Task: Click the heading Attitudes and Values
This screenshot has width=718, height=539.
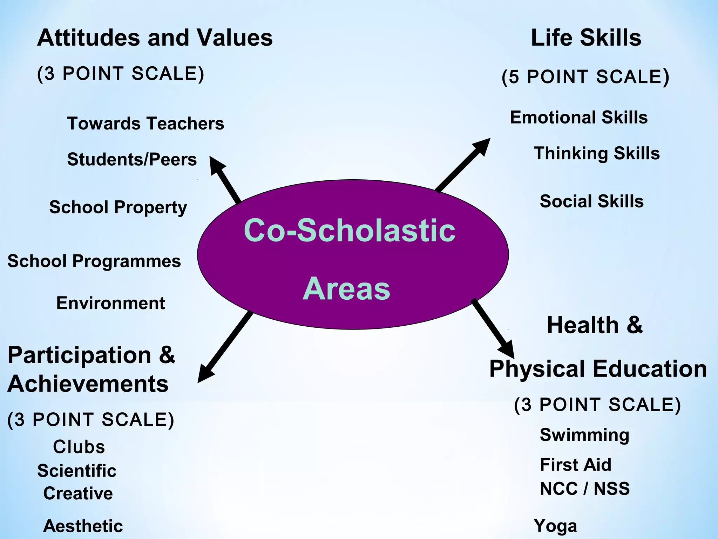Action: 155,38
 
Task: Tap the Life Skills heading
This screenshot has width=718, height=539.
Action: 586,38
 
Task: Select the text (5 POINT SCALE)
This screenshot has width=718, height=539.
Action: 585,77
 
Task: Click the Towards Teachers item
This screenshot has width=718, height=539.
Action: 145,124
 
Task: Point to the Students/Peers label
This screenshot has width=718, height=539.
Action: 132,159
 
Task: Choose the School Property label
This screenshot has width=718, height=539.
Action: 118,207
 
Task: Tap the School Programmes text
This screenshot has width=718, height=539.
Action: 94,261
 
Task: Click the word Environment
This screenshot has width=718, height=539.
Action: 110,303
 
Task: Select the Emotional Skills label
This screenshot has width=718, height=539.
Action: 578,117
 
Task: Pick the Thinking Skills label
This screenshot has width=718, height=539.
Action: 597,154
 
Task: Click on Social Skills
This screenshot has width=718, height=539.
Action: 591,201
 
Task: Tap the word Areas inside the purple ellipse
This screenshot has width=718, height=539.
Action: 346,289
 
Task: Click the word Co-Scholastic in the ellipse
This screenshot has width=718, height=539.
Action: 350,231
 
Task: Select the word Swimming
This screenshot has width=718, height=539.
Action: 584,435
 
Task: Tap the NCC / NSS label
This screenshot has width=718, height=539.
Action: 584,488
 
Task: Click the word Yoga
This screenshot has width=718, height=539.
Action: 555,526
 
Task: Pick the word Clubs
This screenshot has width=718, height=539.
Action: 79,447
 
